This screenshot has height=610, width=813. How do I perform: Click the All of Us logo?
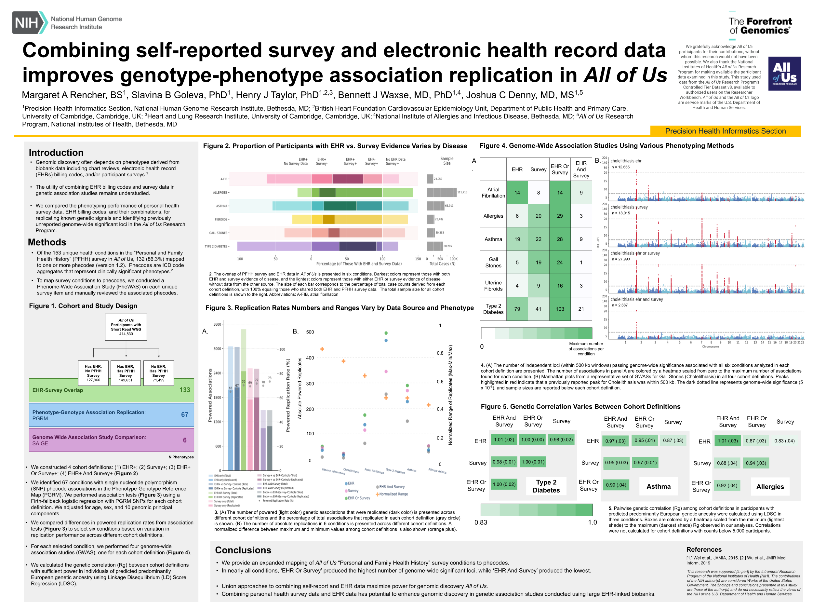pyautogui.click(x=784, y=74)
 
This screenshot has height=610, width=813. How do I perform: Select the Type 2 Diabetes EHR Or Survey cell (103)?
pyautogui.click(x=559, y=309)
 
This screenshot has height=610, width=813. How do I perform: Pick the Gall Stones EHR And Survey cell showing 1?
pyautogui.click(x=581, y=262)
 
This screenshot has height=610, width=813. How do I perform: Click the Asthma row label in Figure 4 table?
pyautogui.click(x=493, y=239)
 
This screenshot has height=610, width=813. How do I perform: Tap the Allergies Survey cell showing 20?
pyautogui.click(x=538, y=216)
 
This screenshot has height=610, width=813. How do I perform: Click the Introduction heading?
pyautogui.click(x=56, y=153)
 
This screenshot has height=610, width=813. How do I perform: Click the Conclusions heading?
pyautogui.click(x=243, y=550)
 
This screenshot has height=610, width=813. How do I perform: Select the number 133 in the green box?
pyautogui.click(x=184, y=390)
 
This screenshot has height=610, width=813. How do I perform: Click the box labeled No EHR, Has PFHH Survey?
pyautogui.click(x=158, y=373)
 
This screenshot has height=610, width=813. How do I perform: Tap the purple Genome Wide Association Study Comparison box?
pyautogui.click(x=111, y=440)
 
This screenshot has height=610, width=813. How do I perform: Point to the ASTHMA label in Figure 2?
pyautogui.click(x=222, y=206)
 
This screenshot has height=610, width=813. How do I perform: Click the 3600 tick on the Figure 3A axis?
pyautogui.click(x=217, y=324)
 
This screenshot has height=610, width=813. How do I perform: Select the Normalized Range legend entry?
pyautogui.click(x=393, y=494)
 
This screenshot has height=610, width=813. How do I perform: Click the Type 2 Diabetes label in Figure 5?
pyautogui.click(x=546, y=486)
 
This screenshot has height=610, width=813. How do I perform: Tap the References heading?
pyautogui.click(x=703, y=549)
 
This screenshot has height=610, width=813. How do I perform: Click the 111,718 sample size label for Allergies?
pyautogui.click(x=462, y=192)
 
